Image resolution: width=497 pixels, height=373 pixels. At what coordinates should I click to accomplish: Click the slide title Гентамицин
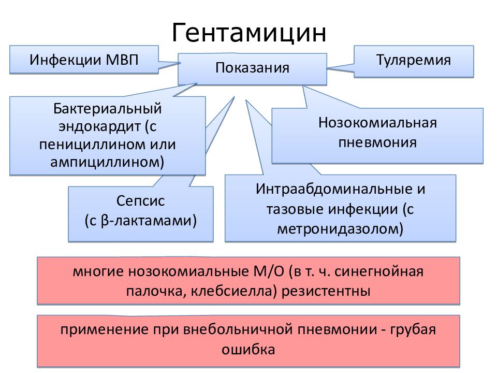pyautogui.click(x=249, y=32)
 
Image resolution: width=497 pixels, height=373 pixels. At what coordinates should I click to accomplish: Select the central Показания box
pyautogui.click(x=252, y=69)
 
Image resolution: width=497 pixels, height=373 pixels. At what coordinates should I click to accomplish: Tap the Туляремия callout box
pyautogui.click(x=414, y=61)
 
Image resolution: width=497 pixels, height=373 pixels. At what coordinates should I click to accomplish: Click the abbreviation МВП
pyautogui.click(x=122, y=60)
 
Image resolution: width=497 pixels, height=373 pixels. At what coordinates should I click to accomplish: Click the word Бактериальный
pyautogui.click(x=108, y=109)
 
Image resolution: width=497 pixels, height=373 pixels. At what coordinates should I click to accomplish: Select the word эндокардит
pyautogui.click(x=99, y=127)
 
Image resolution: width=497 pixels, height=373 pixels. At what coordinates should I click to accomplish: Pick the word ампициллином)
pyautogui.click(x=108, y=162)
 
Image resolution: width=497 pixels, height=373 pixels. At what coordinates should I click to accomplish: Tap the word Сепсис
pyautogui.click(x=140, y=201)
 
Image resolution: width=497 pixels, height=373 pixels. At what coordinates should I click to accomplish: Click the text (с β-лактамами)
pyautogui.click(x=140, y=221)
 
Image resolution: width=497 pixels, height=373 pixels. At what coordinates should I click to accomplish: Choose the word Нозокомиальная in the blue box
pyautogui.click(x=377, y=123)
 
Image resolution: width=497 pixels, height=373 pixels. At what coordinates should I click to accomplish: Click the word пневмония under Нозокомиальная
pyautogui.click(x=377, y=143)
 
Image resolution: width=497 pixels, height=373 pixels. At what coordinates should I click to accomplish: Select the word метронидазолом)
pyautogui.click(x=340, y=228)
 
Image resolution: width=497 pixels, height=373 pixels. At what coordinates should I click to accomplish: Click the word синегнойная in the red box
pyautogui.click(x=379, y=272)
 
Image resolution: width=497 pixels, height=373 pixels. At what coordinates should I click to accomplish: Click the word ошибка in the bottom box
pyautogui.click(x=248, y=350)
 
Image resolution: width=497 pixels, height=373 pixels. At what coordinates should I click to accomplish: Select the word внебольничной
pyautogui.click(x=238, y=330)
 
